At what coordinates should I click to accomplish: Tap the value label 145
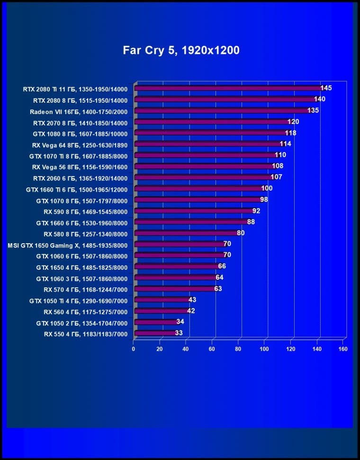pos(326,88)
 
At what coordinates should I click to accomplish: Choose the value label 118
pos(290,133)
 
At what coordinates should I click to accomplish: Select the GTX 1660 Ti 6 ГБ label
pos(77,189)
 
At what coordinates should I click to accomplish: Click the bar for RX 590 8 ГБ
pos(194,211)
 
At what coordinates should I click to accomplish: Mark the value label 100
pos(267,188)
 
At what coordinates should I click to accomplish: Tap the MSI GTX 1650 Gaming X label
pos(68,245)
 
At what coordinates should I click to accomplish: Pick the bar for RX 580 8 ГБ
pos(186,233)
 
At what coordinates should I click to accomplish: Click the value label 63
pos(218,289)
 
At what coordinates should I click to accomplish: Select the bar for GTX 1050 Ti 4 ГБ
pos(162,300)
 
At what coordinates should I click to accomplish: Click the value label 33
pos(179,333)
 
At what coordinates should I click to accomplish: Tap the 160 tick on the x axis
pos(343,349)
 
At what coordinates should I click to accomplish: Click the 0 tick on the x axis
pos(134,349)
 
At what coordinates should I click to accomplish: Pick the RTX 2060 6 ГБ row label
pos(80,177)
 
